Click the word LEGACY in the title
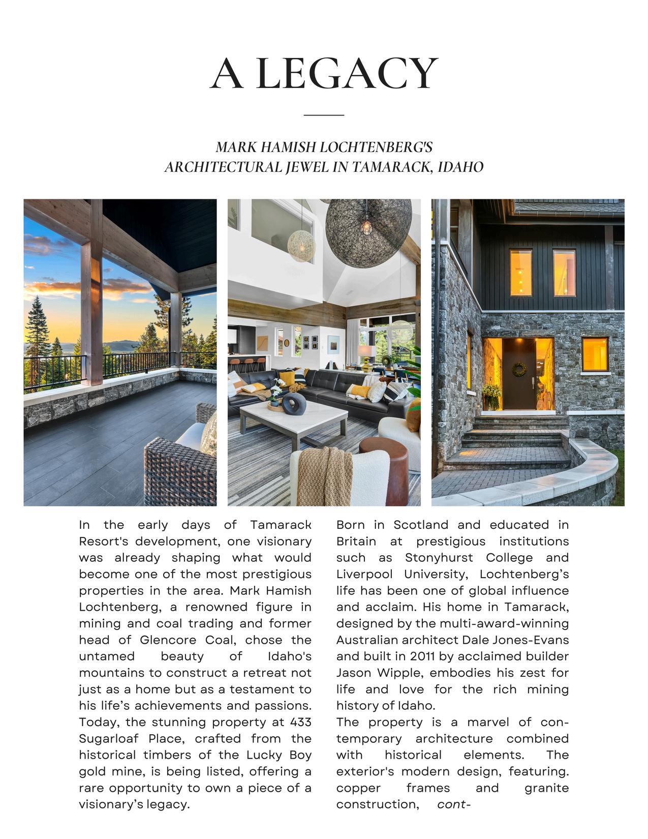pos(347,74)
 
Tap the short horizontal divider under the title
pos(324,115)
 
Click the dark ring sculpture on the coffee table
pos(294,404)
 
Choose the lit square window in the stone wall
pos(595,354)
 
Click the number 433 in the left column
pos(300,722)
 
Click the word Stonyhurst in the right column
pos(439,557)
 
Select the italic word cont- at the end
pos(453,804)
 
